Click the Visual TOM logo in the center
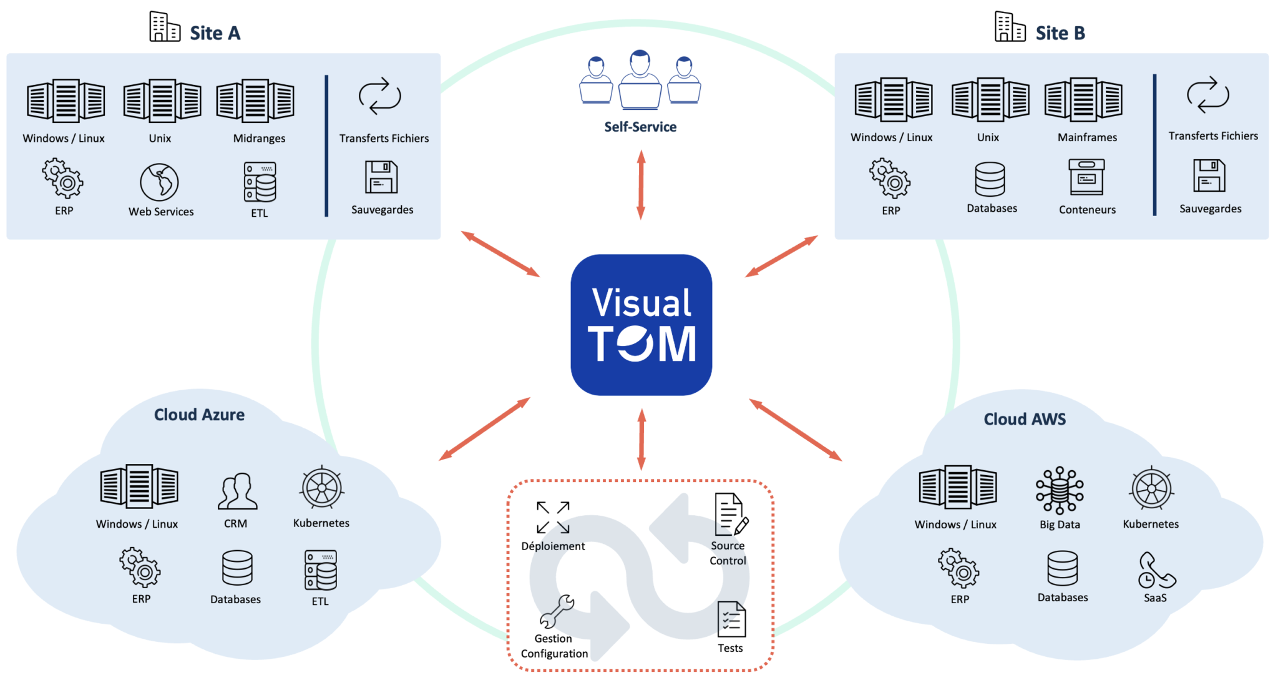click(x=641, y=325)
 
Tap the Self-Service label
click(x=640, y=127)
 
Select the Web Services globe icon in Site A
click(x=160, y=182)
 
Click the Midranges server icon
click(x=255, y=101)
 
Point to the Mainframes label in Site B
click(x=1087, y=137)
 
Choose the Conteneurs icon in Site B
click(x=1086, y=177)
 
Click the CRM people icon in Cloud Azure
click(x=237, y=491)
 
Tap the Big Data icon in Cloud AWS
click(x=1060, y=490)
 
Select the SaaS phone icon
click(x=1155, y=570)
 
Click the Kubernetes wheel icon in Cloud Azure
click(x=322, y=488)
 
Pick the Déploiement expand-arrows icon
click(x=553, y=517)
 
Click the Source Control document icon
click(x=729, y=515)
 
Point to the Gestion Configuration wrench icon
click(x=557, y=611)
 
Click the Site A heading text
click(x=215, y=33)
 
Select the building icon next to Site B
click(x=1010, y=27)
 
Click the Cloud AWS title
click(x=1025, y=419)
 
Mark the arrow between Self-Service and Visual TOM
click(x=641, y=185)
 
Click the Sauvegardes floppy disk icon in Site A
click(x=381, y=177)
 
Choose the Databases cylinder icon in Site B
click(x=990, y=179)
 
